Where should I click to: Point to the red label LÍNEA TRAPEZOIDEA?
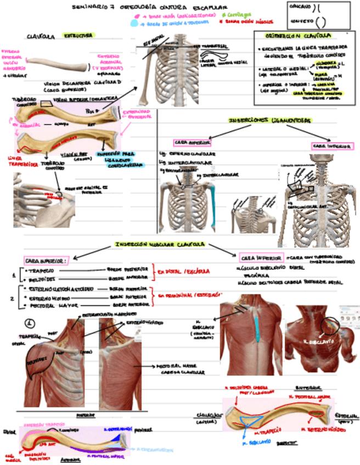click(22, 161)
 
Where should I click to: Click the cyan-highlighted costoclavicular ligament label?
click(122, 160)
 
